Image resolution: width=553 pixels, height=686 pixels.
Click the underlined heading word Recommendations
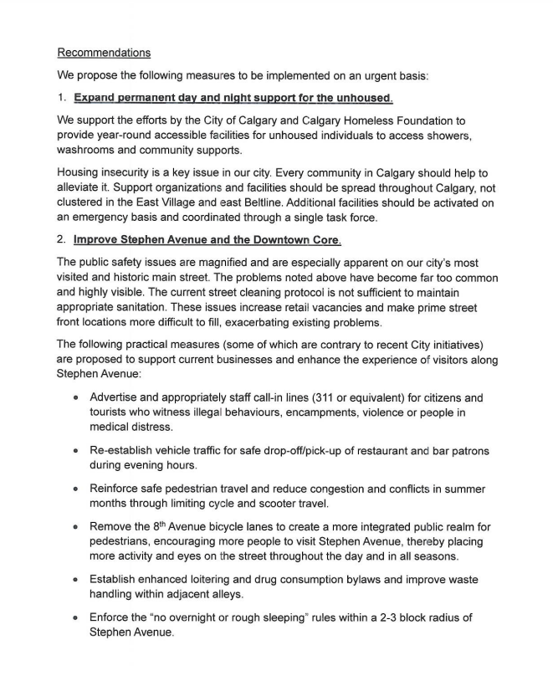pyautogui.click(x=104, y=53)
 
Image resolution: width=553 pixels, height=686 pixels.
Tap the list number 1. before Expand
pyautogui.click(x=62, y=99)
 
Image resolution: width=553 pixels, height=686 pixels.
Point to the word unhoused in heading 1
pyautogui.click(x=358, y=99)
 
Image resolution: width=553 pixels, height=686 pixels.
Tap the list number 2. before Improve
pyautogui.click(x=62, y=240)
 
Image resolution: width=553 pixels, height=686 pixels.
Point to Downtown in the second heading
pyautogui.click(x=274, y=240)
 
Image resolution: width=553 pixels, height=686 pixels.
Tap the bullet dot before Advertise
pyautogui.click(x=75, y=398)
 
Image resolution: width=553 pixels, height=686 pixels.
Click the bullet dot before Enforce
pyautogui.click(x=75, y=618)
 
